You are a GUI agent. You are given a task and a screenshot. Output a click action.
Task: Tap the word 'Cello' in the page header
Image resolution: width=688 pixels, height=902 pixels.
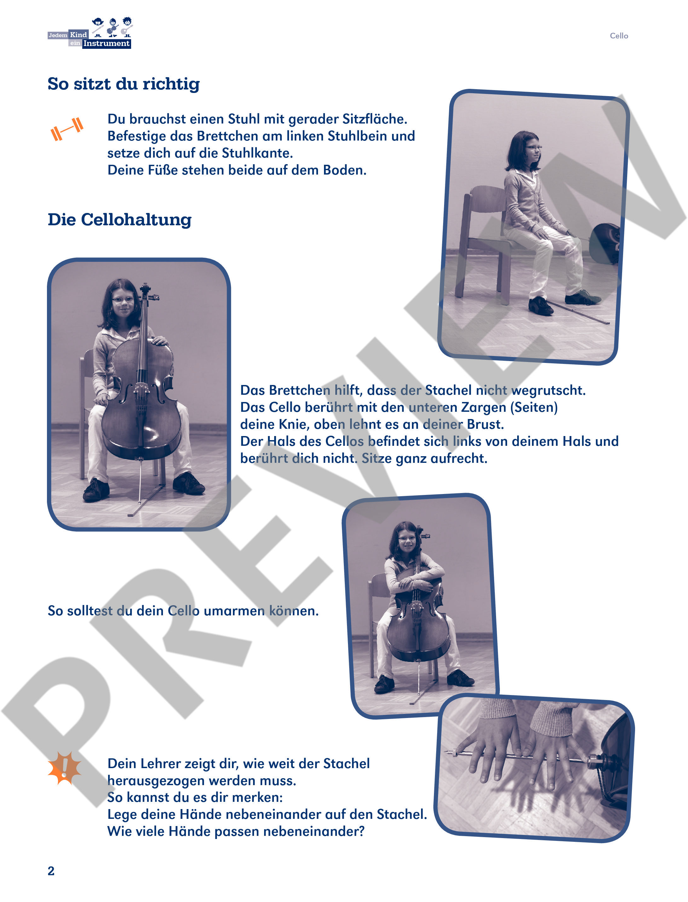coord(618,36)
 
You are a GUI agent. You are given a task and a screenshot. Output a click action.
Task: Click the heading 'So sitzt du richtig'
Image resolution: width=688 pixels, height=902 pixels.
coord(124,84)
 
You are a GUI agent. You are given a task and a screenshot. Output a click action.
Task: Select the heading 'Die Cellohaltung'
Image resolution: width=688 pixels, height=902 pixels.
coord(119,220)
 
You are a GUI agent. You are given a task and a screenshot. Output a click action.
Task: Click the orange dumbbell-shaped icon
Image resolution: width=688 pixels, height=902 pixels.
coord(67,129)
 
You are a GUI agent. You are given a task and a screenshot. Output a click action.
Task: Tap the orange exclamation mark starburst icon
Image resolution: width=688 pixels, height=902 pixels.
coord(65,768)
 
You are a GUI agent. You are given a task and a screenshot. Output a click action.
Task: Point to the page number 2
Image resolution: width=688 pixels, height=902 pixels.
coord(51,871)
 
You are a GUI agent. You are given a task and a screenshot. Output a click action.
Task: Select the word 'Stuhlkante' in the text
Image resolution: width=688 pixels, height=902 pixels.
coord(257,153)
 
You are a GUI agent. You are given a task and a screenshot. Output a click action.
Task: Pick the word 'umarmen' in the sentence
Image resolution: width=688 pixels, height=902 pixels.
coord(234,611)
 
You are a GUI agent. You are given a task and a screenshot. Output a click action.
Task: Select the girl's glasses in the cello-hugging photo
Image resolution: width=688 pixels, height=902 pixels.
coord(407,538)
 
